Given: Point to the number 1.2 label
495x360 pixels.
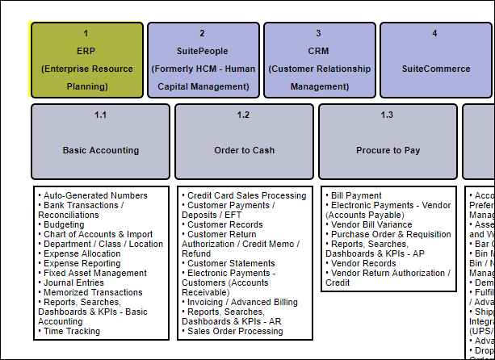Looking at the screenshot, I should point(243,115).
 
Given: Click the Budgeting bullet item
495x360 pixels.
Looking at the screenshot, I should point(69,224).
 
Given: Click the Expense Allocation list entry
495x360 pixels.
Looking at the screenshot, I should point(82,253).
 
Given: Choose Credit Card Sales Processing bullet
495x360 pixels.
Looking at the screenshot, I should point(246,195).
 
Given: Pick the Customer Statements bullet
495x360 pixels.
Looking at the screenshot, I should point(231,263).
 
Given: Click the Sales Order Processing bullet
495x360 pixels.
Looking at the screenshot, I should point(235,331).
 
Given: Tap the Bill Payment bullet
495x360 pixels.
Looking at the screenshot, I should point(356,195).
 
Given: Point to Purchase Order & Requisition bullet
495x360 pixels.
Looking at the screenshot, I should point(391,234).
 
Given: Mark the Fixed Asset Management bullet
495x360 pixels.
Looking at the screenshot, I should point(95,273).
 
